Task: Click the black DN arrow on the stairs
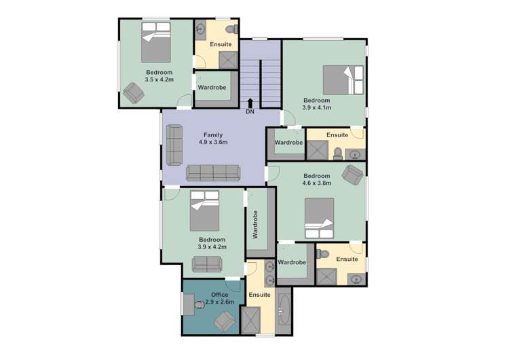point(250,102)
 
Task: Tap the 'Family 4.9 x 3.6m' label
point(212,139)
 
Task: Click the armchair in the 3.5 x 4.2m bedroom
point(133,92)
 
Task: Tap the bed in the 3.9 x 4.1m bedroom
point(343,79)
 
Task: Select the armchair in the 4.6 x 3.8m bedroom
point(353,175)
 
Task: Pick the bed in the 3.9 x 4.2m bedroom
point(205,212)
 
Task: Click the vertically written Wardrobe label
point(256,224)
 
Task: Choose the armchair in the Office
point(225,321)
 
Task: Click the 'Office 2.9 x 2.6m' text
point(215,298)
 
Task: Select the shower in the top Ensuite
point(227,59)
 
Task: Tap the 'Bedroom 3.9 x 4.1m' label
point(316,104)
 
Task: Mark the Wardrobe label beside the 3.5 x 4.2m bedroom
point(212,88)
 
